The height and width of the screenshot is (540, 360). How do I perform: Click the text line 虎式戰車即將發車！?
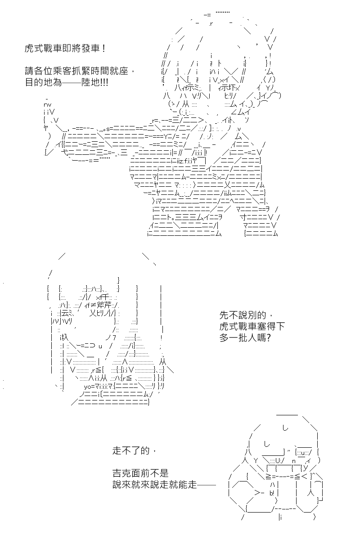tap(65, 49)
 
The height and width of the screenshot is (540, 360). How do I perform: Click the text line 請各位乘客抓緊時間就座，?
tap(80, 71)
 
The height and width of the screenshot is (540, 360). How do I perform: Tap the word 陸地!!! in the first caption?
tap(95, 82)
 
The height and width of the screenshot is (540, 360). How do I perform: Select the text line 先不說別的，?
tap(246, 315)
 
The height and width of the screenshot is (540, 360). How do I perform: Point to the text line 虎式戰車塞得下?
tap(252, 326)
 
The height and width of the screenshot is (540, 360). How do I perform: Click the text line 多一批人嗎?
tap(245, 338)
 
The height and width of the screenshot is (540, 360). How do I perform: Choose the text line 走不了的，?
tap(134, 450)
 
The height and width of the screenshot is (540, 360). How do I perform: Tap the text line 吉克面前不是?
tap(140, 473)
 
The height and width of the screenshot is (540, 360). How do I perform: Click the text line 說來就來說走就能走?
tap(154, 485)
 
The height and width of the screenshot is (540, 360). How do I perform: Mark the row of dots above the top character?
tap(223, 12)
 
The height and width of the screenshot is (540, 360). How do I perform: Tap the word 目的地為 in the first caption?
tap(43, 82)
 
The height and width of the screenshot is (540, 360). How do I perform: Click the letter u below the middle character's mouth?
tap(100, 346)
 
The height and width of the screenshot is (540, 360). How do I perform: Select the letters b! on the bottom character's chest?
tap(272, 494)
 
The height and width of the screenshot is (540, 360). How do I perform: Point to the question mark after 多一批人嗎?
tap(268, 338)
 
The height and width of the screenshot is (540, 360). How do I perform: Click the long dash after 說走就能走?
tap(207, 485)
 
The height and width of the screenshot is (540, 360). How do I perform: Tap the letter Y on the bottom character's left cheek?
tap(256, 461)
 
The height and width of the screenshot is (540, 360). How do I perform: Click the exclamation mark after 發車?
tap(103, 49)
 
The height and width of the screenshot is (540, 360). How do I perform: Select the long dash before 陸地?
tap(72, 83)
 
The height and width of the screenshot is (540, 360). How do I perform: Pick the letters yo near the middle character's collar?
tap(87, 387)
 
